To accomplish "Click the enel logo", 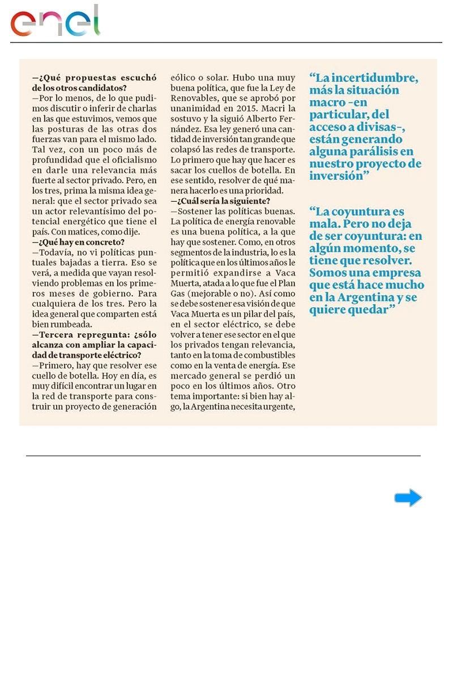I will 55,22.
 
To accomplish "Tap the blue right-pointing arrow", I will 408,498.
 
